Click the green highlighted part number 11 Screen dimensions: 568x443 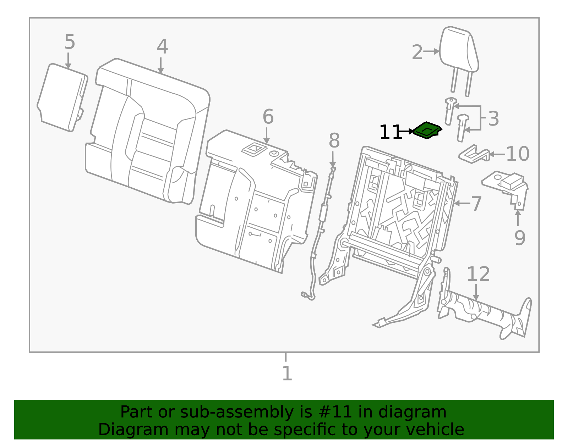click(x=427, y=130)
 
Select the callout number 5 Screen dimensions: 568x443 click(x=70, y=41)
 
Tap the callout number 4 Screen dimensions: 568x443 click(x=162, y=46)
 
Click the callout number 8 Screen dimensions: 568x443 click(x=334, y=140)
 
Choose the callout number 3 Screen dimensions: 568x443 click(x=493, y=119)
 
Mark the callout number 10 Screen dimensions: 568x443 click(x=518, y=154)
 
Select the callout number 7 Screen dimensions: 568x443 click(x=476, y=204)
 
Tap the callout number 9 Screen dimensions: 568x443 click(x=520, y=238)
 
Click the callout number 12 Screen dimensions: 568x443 click(x=478, y=274)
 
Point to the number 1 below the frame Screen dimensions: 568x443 click(x=287, y=373)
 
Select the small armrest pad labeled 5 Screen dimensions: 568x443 click(x=62, y=98)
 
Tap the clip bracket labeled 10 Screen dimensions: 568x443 click(x=474, y=154)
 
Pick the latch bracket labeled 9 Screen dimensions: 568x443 click(x=505, y=190)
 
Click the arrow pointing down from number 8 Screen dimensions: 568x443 click(x=333, y=159)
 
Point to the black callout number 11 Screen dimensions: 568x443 click(x=390, y=132)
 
